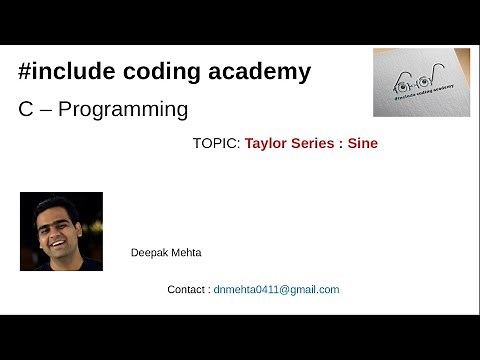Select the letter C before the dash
[26, 108]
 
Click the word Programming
[123, 109]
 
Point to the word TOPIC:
[216, 144]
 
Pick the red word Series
[313, 144]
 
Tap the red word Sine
[363, 144]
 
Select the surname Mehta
[186, 253]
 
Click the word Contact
[187, 290]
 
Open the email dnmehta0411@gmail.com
[277, 290]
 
